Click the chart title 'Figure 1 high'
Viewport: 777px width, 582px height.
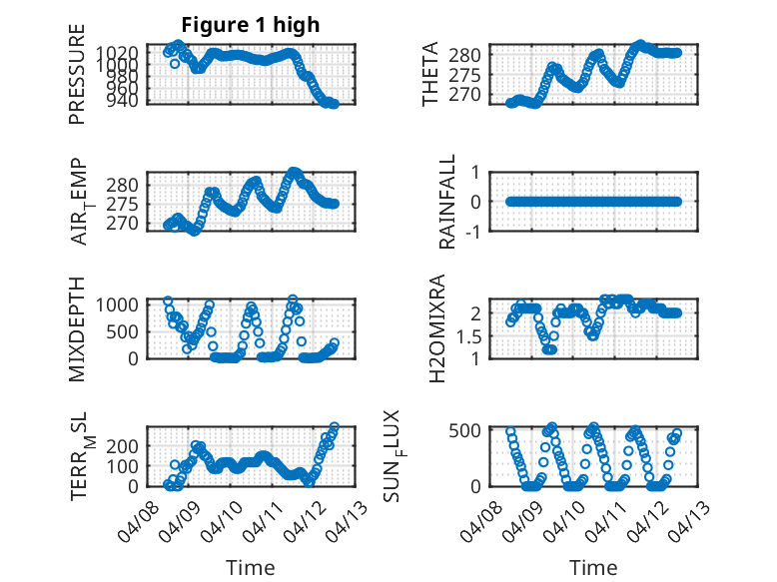251,25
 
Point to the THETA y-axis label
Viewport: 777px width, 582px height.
430,74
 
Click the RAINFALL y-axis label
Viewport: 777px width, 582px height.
447,202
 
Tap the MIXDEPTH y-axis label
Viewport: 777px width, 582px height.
77,329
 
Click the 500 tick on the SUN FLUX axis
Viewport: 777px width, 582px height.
471,430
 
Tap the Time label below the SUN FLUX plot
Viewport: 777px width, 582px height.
593,568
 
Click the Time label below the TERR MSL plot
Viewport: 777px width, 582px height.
251,568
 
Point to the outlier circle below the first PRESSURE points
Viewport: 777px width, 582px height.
175,63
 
